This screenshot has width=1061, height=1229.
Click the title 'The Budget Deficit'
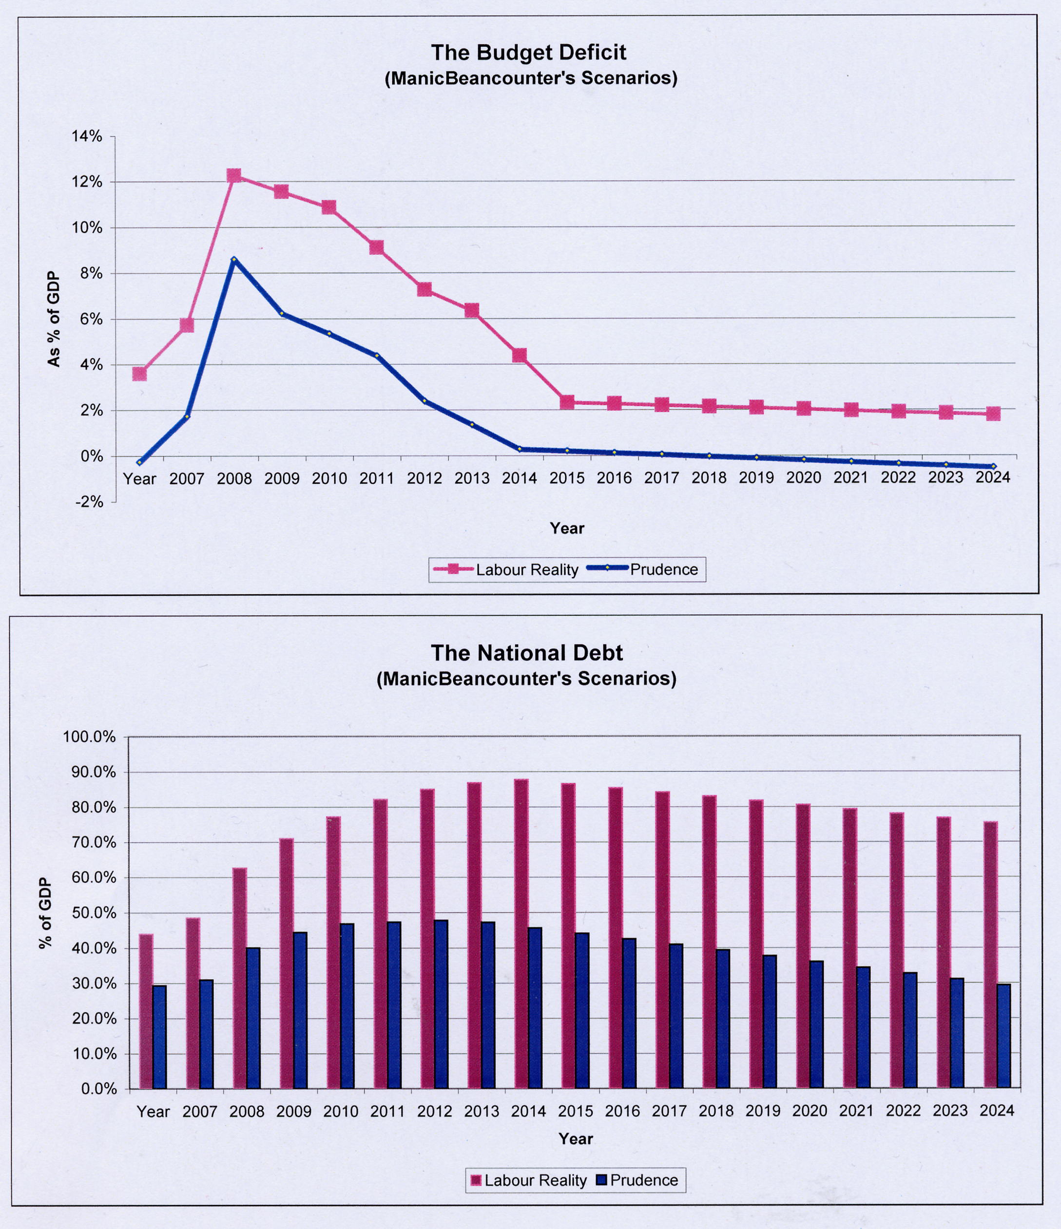[x=528, y=53]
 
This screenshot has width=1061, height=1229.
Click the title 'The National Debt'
[x=527, y=653]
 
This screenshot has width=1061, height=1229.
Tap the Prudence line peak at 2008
[x=234, y=260]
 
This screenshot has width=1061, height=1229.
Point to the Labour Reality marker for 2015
[x=567, y=402]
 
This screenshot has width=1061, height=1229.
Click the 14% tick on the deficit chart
[x=87, y=137]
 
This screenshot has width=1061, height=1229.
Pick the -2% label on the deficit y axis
[x=89, y=502]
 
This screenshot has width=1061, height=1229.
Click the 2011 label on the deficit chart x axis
[x=377, y=478]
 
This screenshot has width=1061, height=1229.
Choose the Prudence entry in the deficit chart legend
[x=663, y=569]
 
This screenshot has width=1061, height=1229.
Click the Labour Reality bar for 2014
[x=521, y=934]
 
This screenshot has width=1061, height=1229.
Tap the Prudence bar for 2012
[x=441, y=1004]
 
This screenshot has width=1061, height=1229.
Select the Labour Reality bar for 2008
[x=240, y=979]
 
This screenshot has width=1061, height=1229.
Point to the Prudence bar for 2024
[x=1003, y=1036]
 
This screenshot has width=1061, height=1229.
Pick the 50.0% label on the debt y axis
[x=91, y=913]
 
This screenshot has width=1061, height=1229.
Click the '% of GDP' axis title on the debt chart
[x=46, y=913]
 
